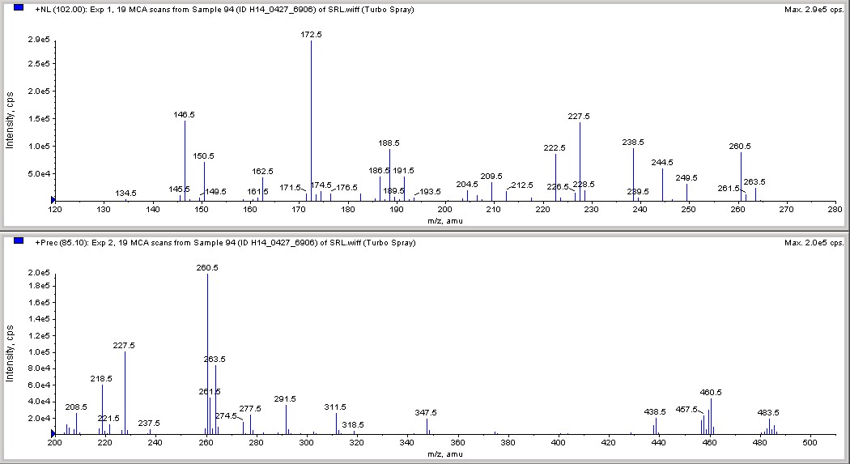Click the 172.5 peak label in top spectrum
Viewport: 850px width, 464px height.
(x=311, y=35)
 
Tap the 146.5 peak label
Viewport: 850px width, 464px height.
(x=184, y=115)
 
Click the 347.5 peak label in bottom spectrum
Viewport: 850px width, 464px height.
(x=426, y=413)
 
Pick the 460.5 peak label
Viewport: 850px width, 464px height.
(x=711, y=393)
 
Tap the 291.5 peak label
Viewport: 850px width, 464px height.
(x=286, y=399)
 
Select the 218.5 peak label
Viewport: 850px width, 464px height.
(x=101, y=379)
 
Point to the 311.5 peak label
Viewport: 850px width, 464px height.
(x=335, y=407)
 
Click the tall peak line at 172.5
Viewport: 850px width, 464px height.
(x=312, y=121)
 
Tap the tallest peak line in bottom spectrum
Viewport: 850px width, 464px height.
(x=207, y=356)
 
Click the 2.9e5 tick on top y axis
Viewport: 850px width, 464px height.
(x=38, y=40)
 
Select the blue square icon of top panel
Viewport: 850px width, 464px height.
(x=19, y=8)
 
